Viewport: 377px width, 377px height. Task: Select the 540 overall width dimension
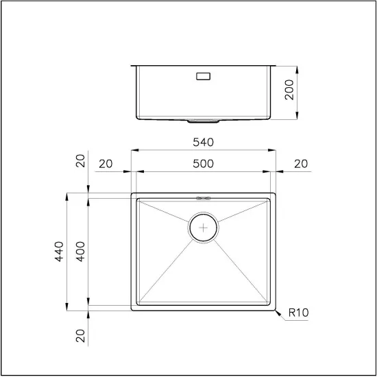pyautogui.click(x=204, y=143)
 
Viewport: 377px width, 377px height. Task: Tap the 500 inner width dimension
pyautogui.click(x=204, y=164)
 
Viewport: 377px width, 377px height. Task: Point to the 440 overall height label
pyautogui.click(x=60, y=252)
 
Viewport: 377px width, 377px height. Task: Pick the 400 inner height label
pyautogui.click(x=81, y=252)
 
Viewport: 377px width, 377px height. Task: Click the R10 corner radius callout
pyautogui.click(x=299, y=313)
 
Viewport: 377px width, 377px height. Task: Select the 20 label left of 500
pyautogui.click(x=106, y=164)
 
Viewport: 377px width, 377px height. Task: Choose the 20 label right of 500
pyautogui.click(x=301, y=164)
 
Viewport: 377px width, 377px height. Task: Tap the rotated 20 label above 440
pyautogui.click(x=81, y=162)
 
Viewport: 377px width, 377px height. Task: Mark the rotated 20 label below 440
pyautogui.click(x=81, y=335)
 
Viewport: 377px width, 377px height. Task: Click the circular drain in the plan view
pyautogui.click(x=204, y=227)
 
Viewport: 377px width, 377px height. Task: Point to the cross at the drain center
pyautogui.click(x=204, y=227)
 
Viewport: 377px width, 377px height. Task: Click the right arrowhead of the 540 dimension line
pyautogui.click(x=274, y=149)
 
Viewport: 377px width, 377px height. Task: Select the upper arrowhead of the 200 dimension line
pyautogui.click(x=297, y=68)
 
